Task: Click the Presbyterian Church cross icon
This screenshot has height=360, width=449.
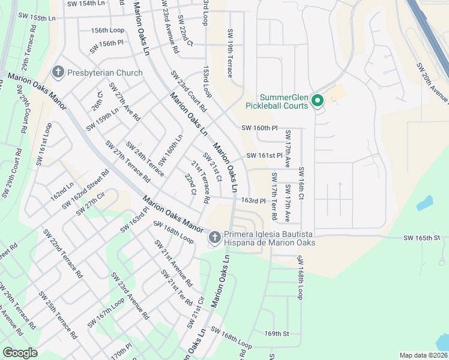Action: [x=58, y=73]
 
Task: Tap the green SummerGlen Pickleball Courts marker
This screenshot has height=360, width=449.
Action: [x=318, y=101]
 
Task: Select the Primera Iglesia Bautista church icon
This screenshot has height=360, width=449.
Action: [x=214, y=238]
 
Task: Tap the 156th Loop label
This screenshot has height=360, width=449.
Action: [x=107, y=30]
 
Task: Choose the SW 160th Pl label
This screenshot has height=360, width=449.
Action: [x=260, y=128]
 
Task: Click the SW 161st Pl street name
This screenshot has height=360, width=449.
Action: [x=264, y=155]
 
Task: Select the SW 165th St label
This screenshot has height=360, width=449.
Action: [x=423, y=238]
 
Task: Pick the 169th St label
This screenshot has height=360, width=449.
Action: [x=277, y=333]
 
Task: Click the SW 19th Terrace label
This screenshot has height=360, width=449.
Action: [x=229, y=53]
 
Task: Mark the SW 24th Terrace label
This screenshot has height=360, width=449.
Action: [x=144, y=159]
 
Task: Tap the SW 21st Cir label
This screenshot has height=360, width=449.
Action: [x=196, y=313]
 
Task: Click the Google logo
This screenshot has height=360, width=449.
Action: [x=20, y=353]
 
